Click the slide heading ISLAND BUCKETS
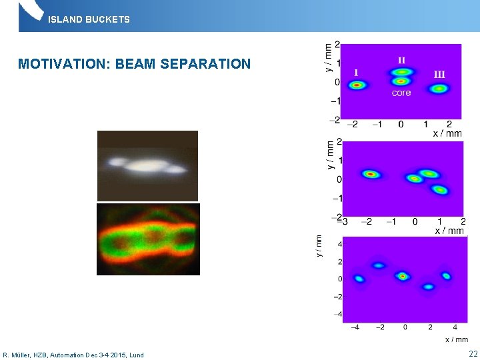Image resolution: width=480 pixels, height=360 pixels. (89, 19)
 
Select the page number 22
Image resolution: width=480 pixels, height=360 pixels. (473, 354)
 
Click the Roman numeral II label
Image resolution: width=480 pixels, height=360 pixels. (401, 59)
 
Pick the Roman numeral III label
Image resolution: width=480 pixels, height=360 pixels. (439, 74)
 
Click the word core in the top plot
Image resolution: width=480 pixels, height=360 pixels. (401, 93)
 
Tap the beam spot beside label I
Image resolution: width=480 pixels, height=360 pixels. (357, 85)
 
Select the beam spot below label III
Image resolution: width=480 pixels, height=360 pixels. (439, 88)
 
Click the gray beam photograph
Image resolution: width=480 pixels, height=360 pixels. (147, 165)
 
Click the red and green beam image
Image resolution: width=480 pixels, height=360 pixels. (148, 239)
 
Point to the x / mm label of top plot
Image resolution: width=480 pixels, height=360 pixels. (447, 133)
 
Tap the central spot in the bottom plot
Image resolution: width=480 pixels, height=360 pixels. (403, 276)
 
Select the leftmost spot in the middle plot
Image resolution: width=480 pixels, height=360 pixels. (371, 175)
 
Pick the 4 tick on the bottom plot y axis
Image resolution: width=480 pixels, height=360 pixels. (339, 245)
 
